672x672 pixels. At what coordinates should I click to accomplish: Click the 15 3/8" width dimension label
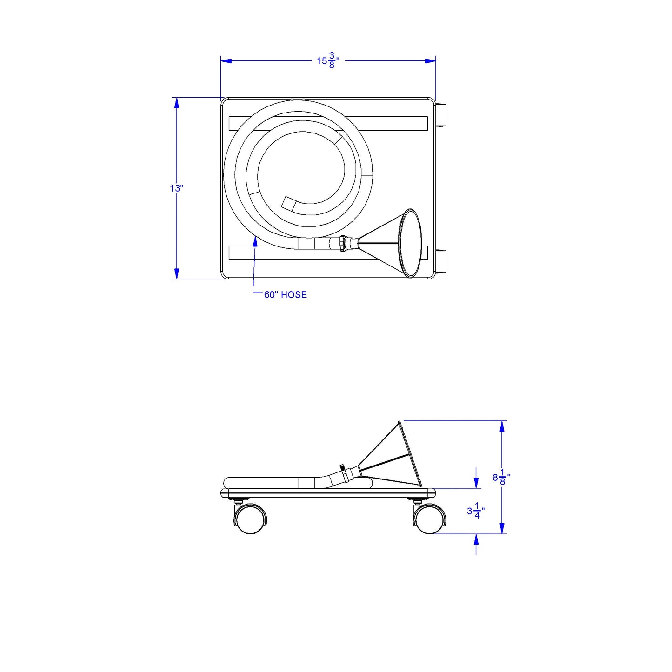point(328,60)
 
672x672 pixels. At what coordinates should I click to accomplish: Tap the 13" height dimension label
point(176,188)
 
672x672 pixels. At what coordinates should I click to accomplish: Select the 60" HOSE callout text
point(285,295)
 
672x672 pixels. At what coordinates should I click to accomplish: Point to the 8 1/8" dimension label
point(501,477)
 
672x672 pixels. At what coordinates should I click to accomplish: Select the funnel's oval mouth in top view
point(410,243)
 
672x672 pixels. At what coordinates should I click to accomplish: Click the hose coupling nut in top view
point(342,243)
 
